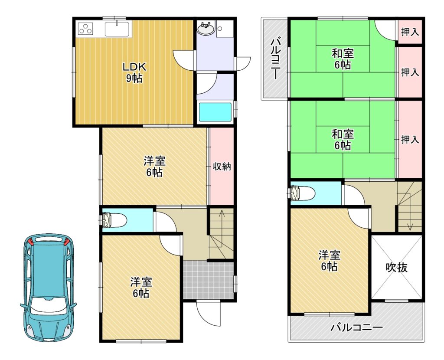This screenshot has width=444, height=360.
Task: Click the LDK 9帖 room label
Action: [x=134, y=72]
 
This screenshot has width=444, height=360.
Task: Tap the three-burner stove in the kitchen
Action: [x=85, y=29]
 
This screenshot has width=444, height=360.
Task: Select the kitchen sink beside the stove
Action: [x=117, y=29]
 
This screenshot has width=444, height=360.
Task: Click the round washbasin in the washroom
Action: [x=206, y=28]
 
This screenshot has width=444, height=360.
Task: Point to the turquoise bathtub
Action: [x=215, y=112]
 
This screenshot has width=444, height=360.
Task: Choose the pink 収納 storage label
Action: [x=222, y=166]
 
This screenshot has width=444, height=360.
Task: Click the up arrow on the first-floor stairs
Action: [x=222, y=222]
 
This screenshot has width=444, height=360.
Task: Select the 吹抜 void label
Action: [x=396, y=267]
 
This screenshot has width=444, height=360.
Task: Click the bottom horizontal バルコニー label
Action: [x=357, y=328]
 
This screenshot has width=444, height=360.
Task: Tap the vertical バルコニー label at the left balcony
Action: [x=276, y=59]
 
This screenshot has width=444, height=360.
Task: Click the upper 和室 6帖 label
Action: [x=343, y=59]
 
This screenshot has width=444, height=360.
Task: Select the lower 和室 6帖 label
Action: [x=343, y=140]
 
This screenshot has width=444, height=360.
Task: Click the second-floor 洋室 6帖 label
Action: [x=330, y=261]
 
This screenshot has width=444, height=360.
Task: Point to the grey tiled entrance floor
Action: [x=208, y=280]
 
